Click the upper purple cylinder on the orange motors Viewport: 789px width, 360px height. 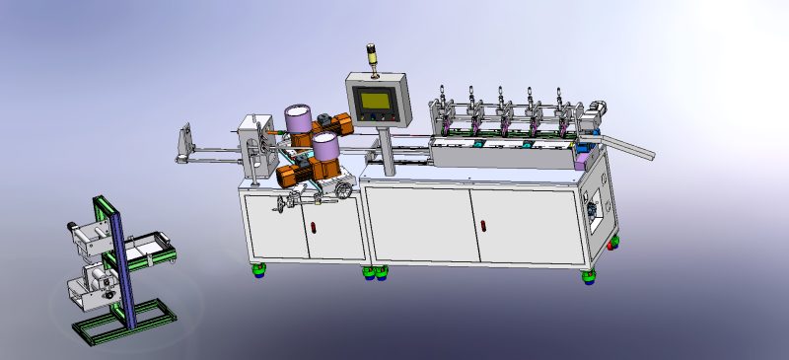pyautogui.click(x=297, y=118)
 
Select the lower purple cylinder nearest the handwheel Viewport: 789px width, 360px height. pyautogui.click(x=324, y=149)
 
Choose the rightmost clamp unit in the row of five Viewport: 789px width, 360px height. pyautogui.click(x=563, y=117)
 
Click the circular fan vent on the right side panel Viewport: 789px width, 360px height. pyautogui.click(x=594, y=209)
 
